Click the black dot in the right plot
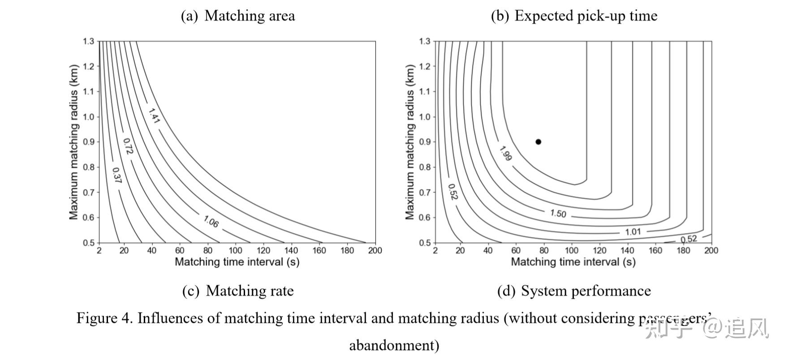pos(538,142)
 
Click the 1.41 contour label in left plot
pos(154,116)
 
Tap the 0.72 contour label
pos(128,146)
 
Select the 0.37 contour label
pos(116,176)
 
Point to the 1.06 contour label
pos(211,221)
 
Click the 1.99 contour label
pos(505,154)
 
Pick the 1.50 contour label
pos(558,213)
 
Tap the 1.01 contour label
pos(633,232)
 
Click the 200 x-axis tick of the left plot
pos(375,251)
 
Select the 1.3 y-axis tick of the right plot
pos(424,41)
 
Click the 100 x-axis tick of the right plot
pos(571,251)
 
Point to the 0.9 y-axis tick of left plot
pos(88,142)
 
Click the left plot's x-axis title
pos(237,262)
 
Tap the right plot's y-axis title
pos(410,142)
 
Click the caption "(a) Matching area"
pos(238,16)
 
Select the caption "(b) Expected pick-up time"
pos(574,16)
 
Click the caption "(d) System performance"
pos(574,291)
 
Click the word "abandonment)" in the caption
pos(394,346)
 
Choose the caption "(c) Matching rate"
pos(238,291)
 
